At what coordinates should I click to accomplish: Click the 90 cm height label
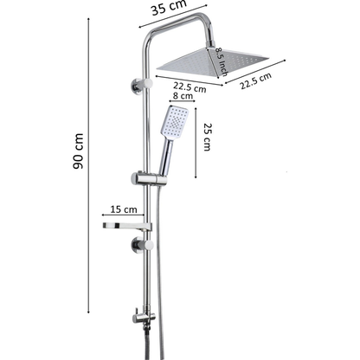click(78, 151)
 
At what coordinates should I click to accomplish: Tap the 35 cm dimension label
click(169, 7)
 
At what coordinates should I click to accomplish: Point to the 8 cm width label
click(183, 95)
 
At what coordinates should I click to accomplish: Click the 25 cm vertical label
click(208, 137)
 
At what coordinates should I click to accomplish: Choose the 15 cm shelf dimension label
click(124, 209)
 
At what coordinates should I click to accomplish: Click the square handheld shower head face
click(175, 122)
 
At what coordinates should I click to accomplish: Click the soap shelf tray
click(127, 227)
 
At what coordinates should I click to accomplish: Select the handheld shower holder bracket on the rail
click(149, 179)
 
